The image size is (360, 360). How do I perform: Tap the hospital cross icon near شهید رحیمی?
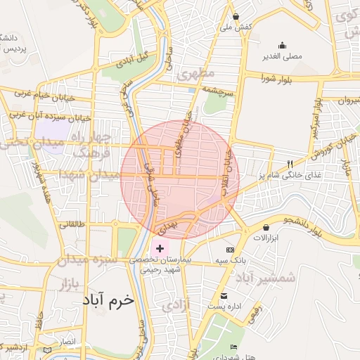pos(160,248)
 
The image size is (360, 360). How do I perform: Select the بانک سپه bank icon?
pos(230,250)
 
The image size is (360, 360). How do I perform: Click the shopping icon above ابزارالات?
pos(266,227)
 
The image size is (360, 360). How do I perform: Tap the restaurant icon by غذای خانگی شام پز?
pos(290,164)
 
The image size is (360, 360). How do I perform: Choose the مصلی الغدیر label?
pos(282,55)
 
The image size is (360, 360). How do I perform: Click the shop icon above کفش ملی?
pos(236,16)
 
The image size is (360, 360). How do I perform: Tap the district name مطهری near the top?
pos(195,73)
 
